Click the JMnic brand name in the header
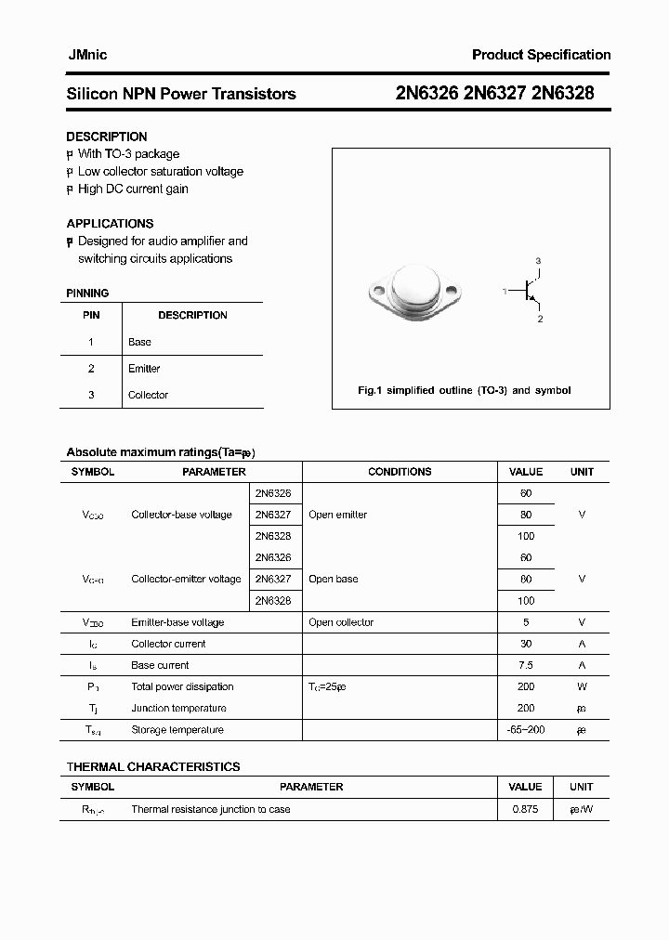(x=86, y=55)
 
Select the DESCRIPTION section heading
(x=106, y=137)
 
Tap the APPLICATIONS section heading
(x=110, y=223)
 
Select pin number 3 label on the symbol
(x=538, y=261)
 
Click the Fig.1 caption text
(x=465, y=390)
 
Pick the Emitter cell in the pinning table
(x=144, y=369)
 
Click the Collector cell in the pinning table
(x=148, y=395)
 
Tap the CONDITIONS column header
(x=400, y=472)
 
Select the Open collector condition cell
(x=341, y=622)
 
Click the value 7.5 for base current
(x=526, y=665)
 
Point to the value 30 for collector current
(x=526, y=644)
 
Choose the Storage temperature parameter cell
(x=177, y=730)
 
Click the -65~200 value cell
(x=526, y=730)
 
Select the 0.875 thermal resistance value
(x=526, y=809)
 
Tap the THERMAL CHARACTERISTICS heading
(x=153, y=766)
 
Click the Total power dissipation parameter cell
(x=182, y=686)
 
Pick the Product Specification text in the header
(x=541, y=55)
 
